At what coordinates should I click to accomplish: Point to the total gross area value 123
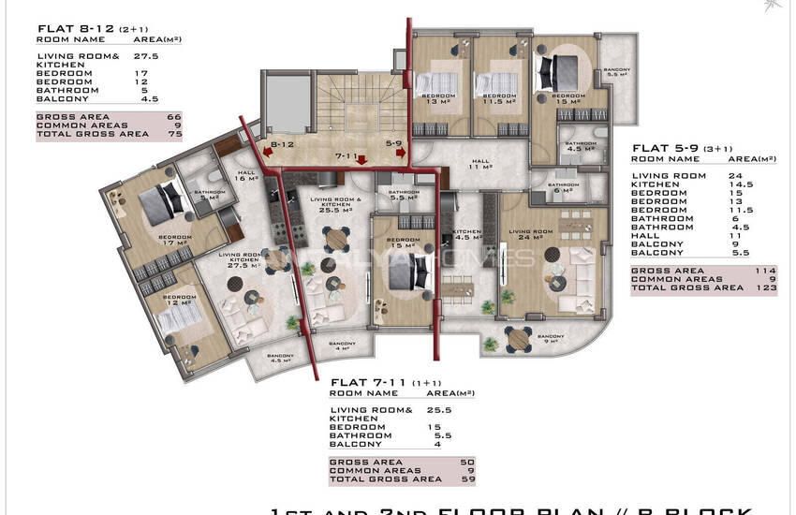tap(767, 287)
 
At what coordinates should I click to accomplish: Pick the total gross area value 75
tap(173, 135)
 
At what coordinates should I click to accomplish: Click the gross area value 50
tap(467, 463)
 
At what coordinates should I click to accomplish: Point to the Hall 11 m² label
tap(481, 165)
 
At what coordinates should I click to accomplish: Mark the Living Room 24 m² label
tap(531, 233)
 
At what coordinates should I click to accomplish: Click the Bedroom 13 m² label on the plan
tap(437, 99)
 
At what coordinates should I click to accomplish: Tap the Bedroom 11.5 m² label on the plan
tap(497, 99)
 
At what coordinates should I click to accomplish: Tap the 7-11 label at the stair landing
tap(347, 156)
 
